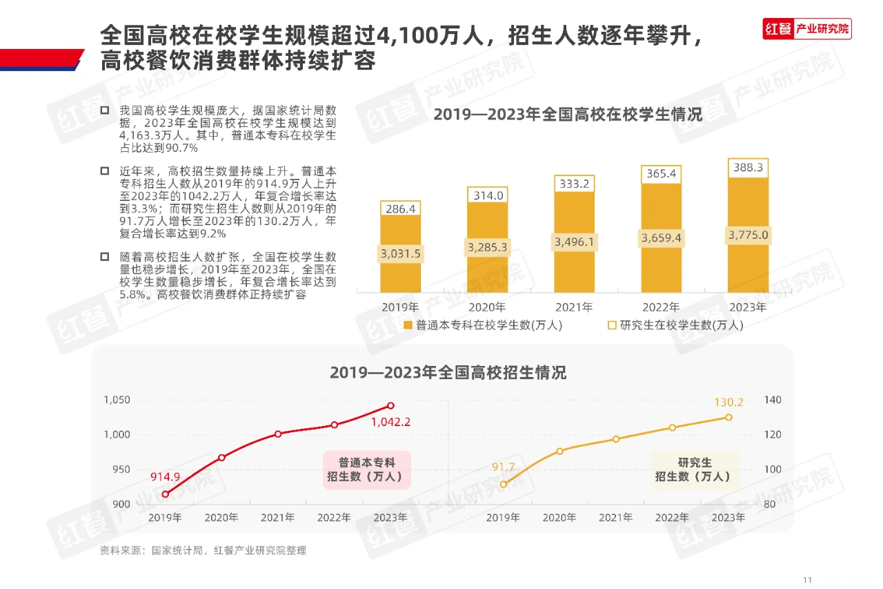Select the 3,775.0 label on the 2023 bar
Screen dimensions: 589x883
point(748,235)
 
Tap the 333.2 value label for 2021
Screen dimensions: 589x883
point(574,184)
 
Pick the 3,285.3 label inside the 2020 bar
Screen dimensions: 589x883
point(488,247)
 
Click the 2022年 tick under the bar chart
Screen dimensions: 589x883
point(661,307)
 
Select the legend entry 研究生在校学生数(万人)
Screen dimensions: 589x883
point(675,325)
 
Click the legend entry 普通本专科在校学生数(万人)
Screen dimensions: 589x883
point(483,325)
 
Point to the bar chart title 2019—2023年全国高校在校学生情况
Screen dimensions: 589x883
point(568,115)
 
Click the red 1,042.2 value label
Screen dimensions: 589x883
point(390,422)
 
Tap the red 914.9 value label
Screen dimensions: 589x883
point(166,477)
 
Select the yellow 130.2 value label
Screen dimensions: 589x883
point(728,403)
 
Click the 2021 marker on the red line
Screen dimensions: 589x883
point(278,434)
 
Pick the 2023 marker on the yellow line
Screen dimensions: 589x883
point(728,417)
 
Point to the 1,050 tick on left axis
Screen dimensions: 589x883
point(117,400)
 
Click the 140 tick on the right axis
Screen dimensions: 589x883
point(773,401)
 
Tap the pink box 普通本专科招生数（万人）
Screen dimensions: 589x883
point(366,470)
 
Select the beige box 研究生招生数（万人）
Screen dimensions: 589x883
point(695,470)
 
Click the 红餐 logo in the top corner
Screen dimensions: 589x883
point(778,29)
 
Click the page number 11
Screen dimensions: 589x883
point(808,579)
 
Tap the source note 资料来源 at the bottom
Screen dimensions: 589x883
point(204,550)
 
